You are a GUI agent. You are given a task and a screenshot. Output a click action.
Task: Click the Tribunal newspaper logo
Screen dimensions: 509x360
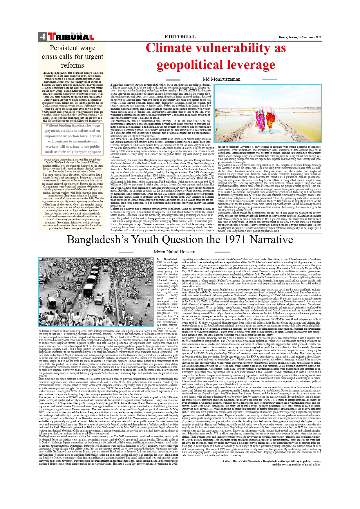71,37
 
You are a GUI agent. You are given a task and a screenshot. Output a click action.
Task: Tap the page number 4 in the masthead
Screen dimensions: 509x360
42,37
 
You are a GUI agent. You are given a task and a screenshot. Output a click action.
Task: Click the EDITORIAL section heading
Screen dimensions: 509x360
180,37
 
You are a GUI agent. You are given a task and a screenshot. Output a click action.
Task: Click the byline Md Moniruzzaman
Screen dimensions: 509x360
221,79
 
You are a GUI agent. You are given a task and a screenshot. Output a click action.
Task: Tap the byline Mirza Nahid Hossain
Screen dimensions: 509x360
174,252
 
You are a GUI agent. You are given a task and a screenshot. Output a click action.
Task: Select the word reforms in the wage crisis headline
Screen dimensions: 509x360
73,65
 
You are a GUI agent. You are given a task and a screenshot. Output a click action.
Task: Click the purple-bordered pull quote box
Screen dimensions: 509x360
73,139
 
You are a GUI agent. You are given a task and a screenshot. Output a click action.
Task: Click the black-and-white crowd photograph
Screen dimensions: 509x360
96,292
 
